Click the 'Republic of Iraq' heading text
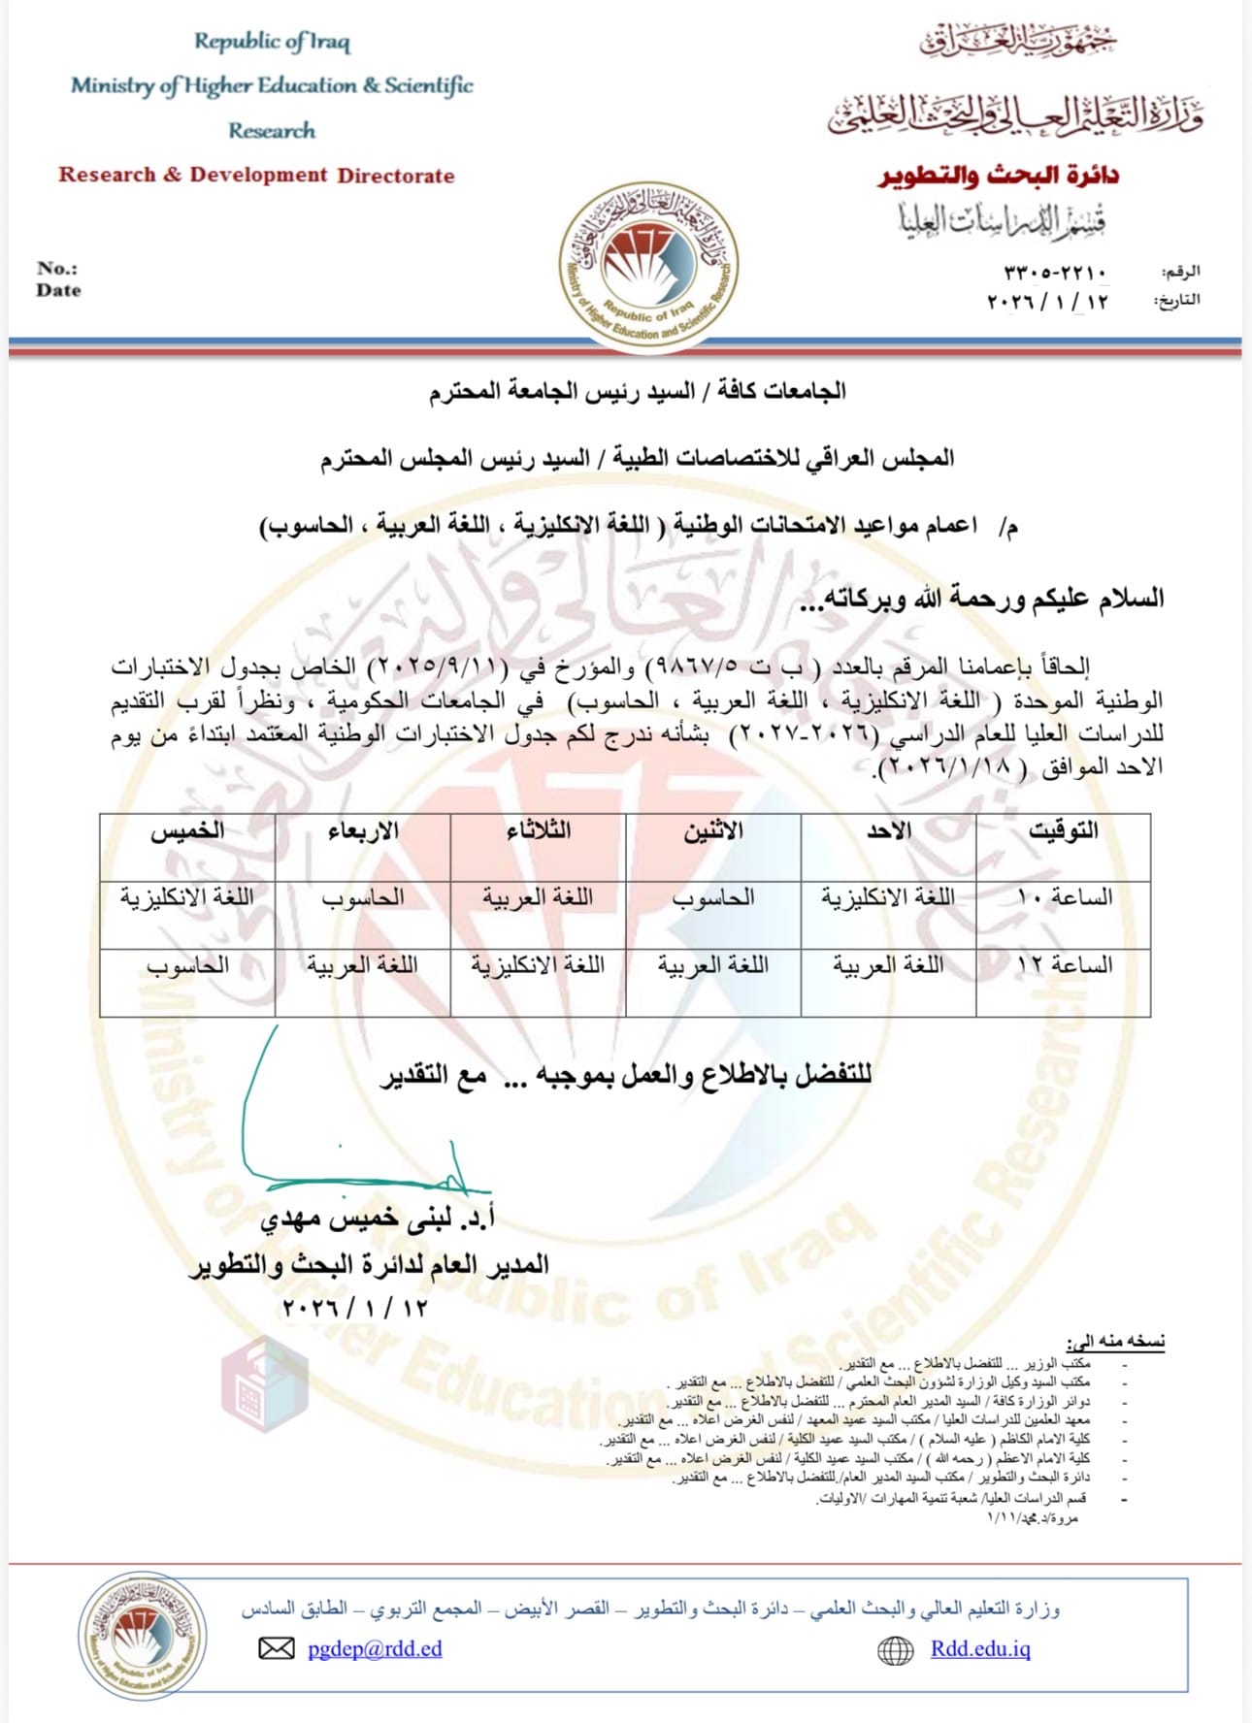pos(272,42)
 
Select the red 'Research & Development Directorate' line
pos(256,176)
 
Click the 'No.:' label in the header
pos(57,269)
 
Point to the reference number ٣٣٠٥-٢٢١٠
pos(1055,272)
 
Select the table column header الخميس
pos(187,832)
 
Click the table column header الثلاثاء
pos(538,831)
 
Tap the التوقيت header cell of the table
pos(1063,831)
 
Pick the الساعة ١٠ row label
pos(1064,897)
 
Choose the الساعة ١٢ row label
pos(1064,965)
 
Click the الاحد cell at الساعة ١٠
pos(888,897)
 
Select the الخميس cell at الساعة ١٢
pos(187,965)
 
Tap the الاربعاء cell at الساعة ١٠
pos(363,897)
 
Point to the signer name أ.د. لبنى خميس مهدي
pos(378,1219)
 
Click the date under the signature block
pos(354,1307)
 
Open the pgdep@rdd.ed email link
pos(374,1648)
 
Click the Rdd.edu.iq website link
pos(980,1648)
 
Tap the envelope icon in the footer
pos(277,1648)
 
